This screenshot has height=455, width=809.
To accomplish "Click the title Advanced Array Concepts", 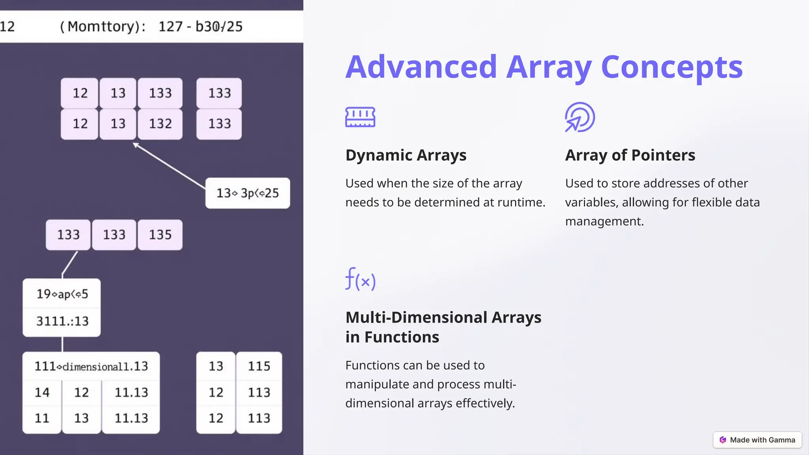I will pyautogui.click(x=544, y=67).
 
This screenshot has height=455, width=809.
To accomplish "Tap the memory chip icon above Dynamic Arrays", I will pyautogui.click(x=360, y=117).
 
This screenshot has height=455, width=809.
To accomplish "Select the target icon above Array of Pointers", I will pyautogui.click(x=579, y=117).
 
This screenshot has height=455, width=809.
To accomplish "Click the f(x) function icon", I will pyautogui.click(x=360, y=279).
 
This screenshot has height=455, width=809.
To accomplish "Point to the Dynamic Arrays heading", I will pyautogui.click(x=406, y=155).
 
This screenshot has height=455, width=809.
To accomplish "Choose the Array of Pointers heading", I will pyautogui.click(x=630, y=155).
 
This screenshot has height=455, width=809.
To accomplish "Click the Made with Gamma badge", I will pyautogui.click(x=757, y=440).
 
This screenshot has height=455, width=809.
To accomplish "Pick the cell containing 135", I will pyautogui.click(x=160, y=235).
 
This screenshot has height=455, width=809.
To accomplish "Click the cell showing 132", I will pyautogui.click(x=160, y=124).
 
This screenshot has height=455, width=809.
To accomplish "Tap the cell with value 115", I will pyautogui.click(x=259, y=366).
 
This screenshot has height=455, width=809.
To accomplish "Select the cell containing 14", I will pyautogui.click(x=42, y=393).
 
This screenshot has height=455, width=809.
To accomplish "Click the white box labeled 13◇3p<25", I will pyautogui.click(x=248, y=193).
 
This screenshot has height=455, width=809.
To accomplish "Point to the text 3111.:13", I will pyautogui.click(x=62, y=322).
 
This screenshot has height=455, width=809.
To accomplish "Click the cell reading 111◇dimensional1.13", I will pyautogui.click(x=91, y=367).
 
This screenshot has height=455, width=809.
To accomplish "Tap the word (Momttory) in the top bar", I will pyautogui.click(x=103, y=26).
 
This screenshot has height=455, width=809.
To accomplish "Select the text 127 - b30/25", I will pyautogui.click(x=200, y=26).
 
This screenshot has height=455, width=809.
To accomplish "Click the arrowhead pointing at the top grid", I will pyautogui.click(x=135, y=145).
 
